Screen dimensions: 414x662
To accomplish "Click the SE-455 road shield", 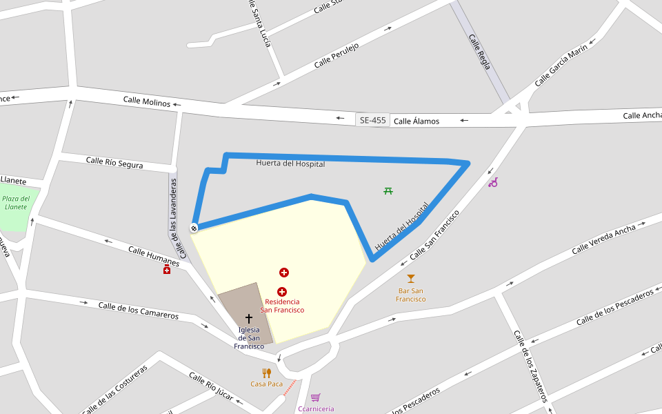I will click(373, 120).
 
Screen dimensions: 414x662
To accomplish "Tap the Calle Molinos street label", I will click(147, 101).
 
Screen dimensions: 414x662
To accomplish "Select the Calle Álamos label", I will click(416, 121).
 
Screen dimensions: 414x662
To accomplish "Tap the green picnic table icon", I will click(388, 190).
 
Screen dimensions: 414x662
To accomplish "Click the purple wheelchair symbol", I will click(493, 182).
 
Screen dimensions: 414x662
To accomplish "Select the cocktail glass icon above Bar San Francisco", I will click(411, 279).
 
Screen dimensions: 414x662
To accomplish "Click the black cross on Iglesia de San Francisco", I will click(249, 319).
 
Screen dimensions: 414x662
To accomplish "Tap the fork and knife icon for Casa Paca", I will click(266, 373).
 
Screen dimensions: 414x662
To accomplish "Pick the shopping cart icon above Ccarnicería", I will click(316, 397).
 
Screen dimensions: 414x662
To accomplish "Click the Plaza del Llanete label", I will click(16, 203).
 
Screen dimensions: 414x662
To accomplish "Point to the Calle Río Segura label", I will click(114, 163).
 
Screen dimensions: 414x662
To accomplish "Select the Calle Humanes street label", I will click(154, 256).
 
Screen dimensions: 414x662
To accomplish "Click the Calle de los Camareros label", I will click(138, 310).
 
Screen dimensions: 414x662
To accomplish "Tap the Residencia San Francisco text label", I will click(282, 306).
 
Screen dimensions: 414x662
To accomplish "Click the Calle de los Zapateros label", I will click(530, 366).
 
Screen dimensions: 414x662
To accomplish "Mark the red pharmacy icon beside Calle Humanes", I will click(167, 270).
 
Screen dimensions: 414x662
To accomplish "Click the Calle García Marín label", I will click(561, 66).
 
